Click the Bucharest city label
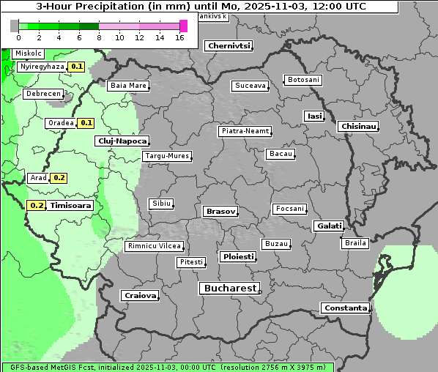(x=229, y=289)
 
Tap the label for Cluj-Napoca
(x=122, y=141)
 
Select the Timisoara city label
(x=71, y=206)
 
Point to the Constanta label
(x=345, y=308)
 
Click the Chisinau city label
(x=359, y=127)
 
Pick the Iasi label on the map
(x=314, y=116)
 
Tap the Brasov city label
(x=220, y=211)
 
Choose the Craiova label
(x=140, y=296)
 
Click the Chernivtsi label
(x=229, y=45)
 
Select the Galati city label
(x=329, y=226)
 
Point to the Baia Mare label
(x=128, y=86)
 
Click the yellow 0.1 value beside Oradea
(x=86, y=123)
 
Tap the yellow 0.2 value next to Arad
(x=59, y=178)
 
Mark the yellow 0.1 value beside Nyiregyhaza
(x=77, y=67)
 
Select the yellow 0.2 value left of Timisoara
(x=36, y=206)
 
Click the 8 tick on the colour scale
(x=99, y=37)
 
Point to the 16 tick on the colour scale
(x=179, y=37)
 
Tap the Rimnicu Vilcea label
(x=155, y=246)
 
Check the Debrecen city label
(x=42, y=94)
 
